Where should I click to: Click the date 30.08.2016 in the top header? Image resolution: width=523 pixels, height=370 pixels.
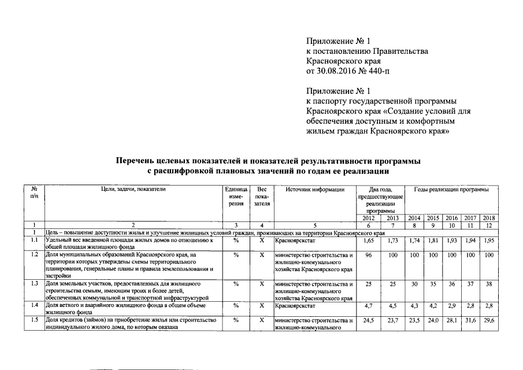[x=339, y=71]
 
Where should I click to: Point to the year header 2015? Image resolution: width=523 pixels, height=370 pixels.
[x=433, y=218]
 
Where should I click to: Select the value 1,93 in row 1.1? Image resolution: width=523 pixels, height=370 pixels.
[x=452, y=240]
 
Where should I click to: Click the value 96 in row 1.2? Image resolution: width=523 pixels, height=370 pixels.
[x=369, y=255]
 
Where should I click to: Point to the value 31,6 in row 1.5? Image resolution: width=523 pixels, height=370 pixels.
[x=471, y=320]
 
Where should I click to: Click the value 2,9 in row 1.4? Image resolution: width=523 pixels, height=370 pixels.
[x=452, y=305]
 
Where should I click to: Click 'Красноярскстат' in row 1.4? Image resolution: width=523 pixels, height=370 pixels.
[x=294, y=305]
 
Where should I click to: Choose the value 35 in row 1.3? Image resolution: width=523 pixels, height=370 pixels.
[x=433, y=284]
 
